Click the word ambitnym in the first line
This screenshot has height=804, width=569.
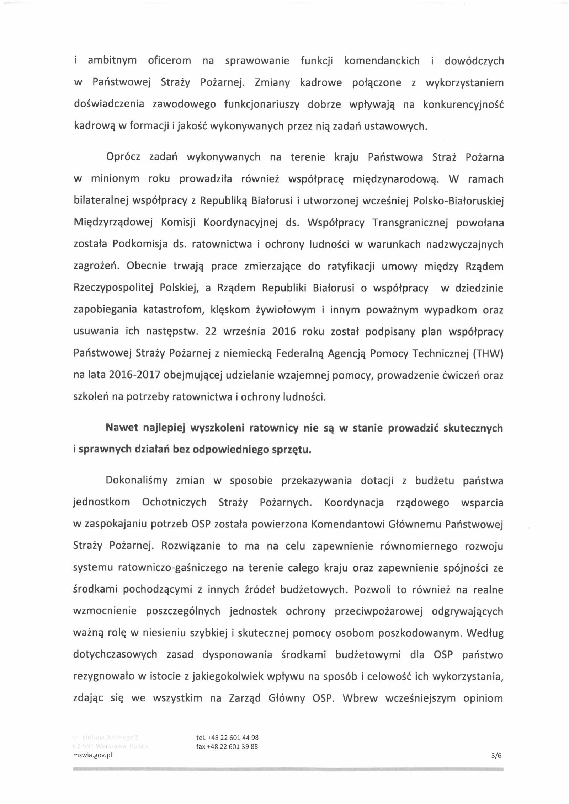112,61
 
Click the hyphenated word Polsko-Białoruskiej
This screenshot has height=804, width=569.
458,201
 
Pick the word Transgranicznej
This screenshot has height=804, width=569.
409,223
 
